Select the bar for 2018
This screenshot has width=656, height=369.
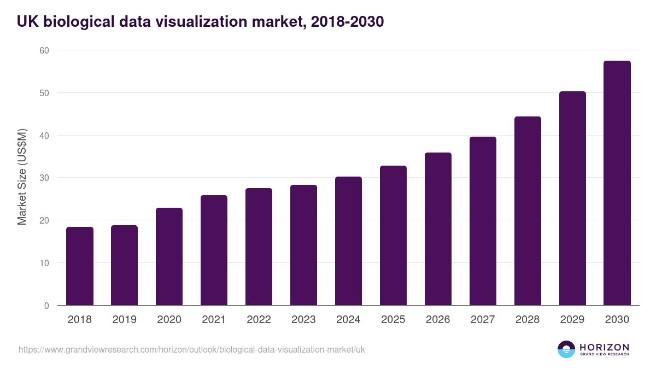click(80, 266)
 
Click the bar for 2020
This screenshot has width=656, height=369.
click(169, 257)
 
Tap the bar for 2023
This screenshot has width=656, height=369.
click(303, 245)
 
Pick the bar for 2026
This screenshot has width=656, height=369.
click(438, 229)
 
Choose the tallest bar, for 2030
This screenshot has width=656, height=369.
click(617, 183)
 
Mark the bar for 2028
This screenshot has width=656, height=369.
click(528, 211)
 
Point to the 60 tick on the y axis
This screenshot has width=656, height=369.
click(44, 50)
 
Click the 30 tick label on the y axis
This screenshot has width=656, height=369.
click(44, 178)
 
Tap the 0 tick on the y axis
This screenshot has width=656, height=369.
click(46, 306)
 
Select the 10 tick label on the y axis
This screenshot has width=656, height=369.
click(44, 263)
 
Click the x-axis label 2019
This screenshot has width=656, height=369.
click(125, 320)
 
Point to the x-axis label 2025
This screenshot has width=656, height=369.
click(394, 320)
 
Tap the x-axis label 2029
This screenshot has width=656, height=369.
click(572, 320)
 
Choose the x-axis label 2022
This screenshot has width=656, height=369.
click(259, 320)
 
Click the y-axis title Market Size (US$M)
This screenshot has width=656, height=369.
click(22, 177)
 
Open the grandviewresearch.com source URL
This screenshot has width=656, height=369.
click(191, 349)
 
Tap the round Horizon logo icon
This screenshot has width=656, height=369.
click(566, 349)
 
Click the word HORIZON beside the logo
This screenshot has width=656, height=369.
click(604, 347)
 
